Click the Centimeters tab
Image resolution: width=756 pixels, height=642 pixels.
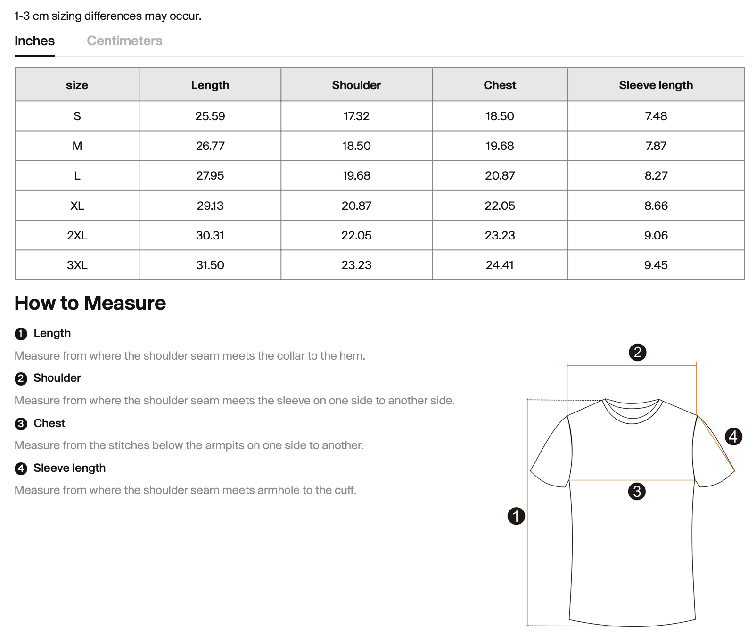click(124, 41)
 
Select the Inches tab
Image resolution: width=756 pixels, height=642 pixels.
click(34, 41)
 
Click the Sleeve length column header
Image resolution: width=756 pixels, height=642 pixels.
click(656, 85)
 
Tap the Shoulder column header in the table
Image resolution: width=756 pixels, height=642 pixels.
click(356, 85)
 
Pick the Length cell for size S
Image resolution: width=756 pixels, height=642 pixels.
click(210, 116)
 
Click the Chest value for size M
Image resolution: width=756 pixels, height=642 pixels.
click(500, 146)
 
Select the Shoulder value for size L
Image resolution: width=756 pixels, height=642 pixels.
click(356, 175)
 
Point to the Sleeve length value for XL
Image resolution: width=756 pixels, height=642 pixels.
click(656, 206)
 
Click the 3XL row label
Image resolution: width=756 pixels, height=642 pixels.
click(77, 265)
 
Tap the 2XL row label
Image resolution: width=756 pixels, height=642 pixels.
click(77, 235)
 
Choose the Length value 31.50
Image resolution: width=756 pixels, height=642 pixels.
click(210, 265)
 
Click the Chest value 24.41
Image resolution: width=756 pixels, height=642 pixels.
click(500, 265)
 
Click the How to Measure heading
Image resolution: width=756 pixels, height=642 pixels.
click(90, 303)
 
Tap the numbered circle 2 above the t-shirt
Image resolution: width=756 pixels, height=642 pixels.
click(637, 352)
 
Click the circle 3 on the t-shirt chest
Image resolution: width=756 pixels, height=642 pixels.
click(637, 492)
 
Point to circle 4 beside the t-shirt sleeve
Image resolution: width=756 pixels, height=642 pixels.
click(733, 436)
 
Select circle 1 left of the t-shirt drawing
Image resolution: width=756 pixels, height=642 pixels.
click(516, 516)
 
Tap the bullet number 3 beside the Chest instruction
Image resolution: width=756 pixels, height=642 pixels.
click(21, 424)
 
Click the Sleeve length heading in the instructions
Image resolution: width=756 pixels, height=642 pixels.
click(69, 468)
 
